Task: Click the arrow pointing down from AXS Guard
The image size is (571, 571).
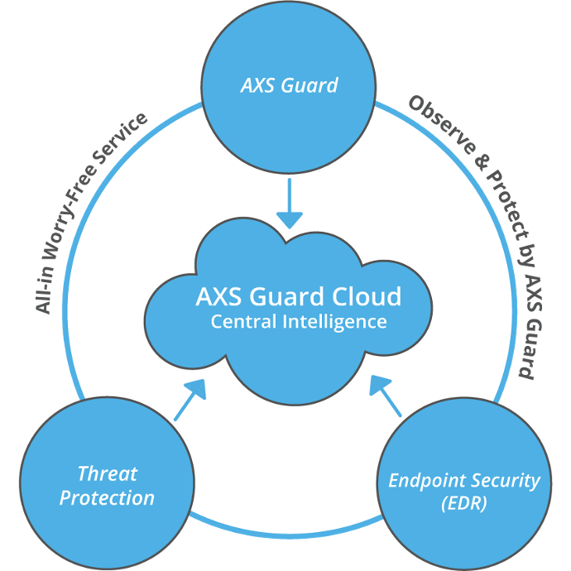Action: click(289, 203)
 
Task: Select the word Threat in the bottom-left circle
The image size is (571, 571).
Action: click(107, 474)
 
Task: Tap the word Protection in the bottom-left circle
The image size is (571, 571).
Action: click(107, 498)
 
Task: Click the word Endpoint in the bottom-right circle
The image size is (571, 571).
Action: click(429, 480)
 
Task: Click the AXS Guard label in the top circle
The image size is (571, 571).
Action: click(289, 84)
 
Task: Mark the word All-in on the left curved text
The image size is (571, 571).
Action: click(44, 294)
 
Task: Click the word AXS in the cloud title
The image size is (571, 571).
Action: click(216, 296)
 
